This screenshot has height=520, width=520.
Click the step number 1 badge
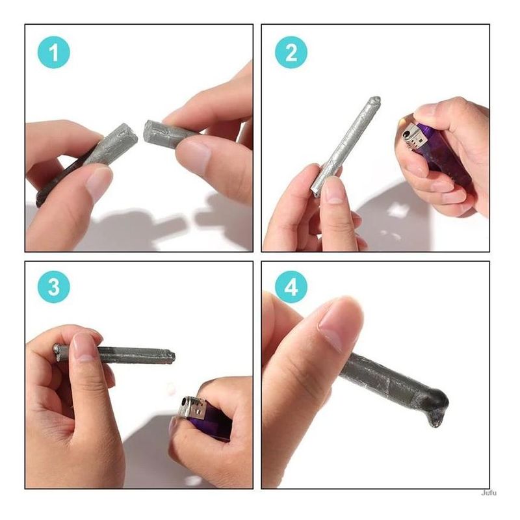[x=54, y=53]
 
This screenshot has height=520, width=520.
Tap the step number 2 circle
[x=291, y=53]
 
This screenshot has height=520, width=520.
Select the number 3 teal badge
[x=54, y=287]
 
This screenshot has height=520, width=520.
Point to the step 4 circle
[x=291, y=287]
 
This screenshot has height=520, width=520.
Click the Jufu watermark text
[x=489, y=493]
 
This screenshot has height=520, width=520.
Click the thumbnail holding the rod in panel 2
[x=334, y=190]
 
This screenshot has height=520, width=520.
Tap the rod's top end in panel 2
[x=376, y=99]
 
